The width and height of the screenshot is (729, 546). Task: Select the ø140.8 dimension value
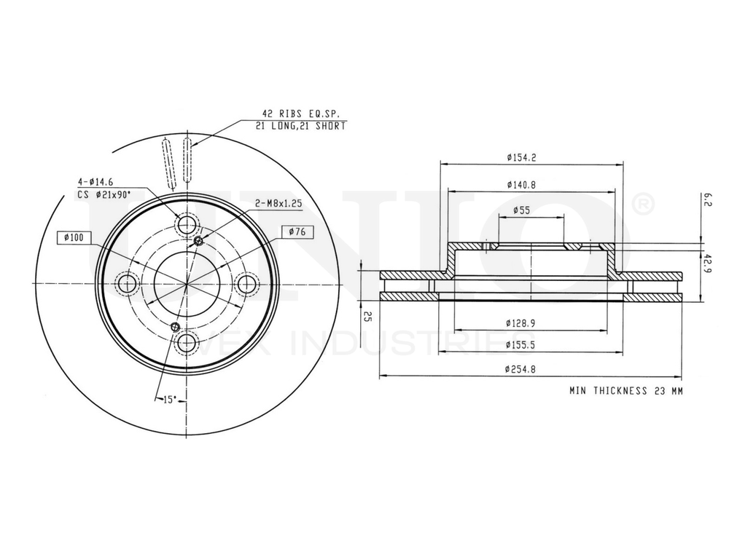[x=521, y=185]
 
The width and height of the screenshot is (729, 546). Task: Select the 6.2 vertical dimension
[x=708, y=200]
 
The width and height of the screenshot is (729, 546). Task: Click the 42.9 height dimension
[x=708, y=261]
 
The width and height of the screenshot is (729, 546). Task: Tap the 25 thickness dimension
[x=368, y=317]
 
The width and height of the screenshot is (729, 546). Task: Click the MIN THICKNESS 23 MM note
[x=626, y=391]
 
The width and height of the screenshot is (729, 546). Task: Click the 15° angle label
[x=171, y=399]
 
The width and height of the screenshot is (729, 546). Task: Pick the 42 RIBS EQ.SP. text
[x=300, y=114]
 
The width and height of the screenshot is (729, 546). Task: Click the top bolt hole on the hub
[x=187, y=223]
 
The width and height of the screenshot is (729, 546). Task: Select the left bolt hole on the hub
[x=128, y=283]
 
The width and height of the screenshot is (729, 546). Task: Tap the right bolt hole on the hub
[x=247, y=283]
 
